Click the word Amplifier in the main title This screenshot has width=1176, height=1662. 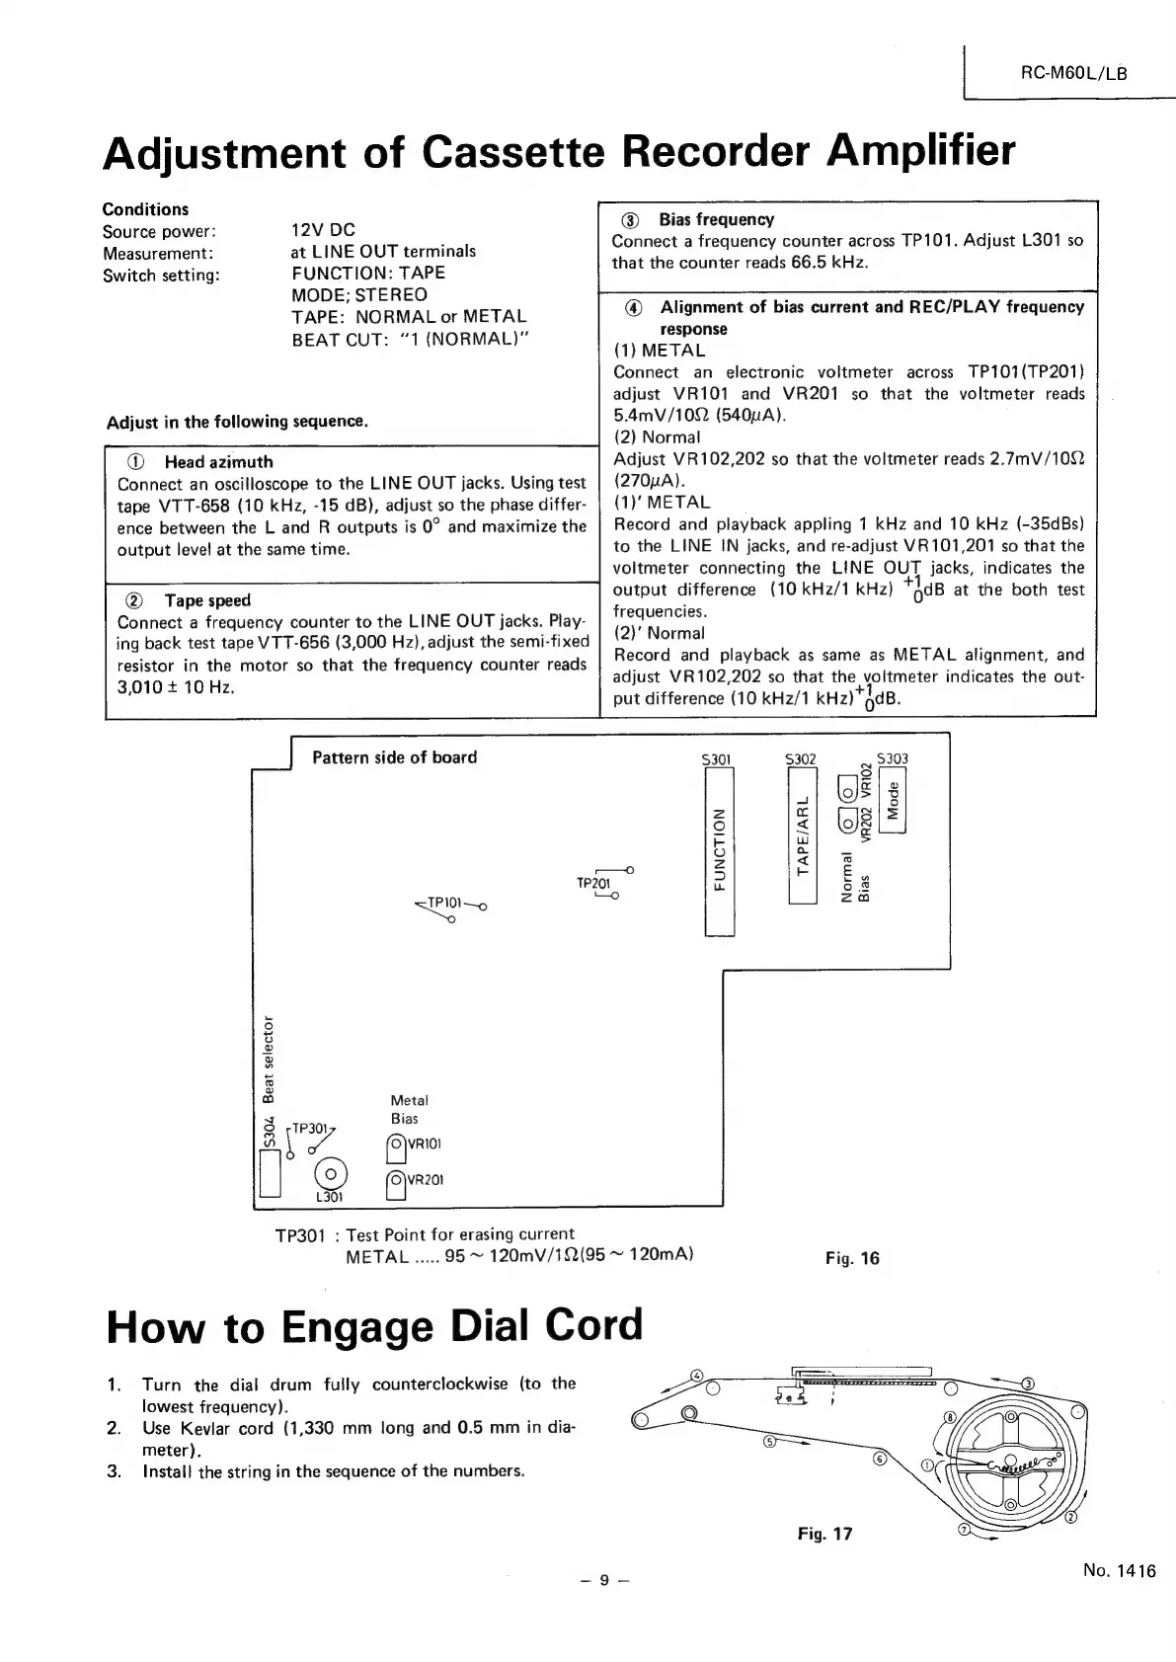tap(920, 151)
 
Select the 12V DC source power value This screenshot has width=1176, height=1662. tap(323, 230)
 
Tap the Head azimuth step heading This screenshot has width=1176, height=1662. tap(218, 462)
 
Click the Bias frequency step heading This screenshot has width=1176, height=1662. tap(716, 219)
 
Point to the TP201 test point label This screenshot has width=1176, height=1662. tap(591, 882)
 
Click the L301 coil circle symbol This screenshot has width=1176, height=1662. tap(330, 1172)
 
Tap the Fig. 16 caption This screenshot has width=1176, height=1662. tap(851, 1258)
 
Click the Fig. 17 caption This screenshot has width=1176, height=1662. tap(824, 1534)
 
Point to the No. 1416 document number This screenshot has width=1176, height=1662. tap(1118, 1571)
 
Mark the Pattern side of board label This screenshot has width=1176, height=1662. tap(394, 757)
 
